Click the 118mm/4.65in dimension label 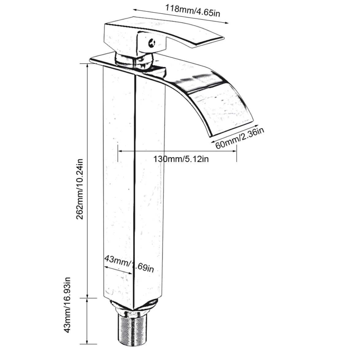pyautogui.click(x=193, y=11)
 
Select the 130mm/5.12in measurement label pyautogui.click(x=181, y=159)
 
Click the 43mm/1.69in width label pyautogui.click(x=129, y=263)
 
